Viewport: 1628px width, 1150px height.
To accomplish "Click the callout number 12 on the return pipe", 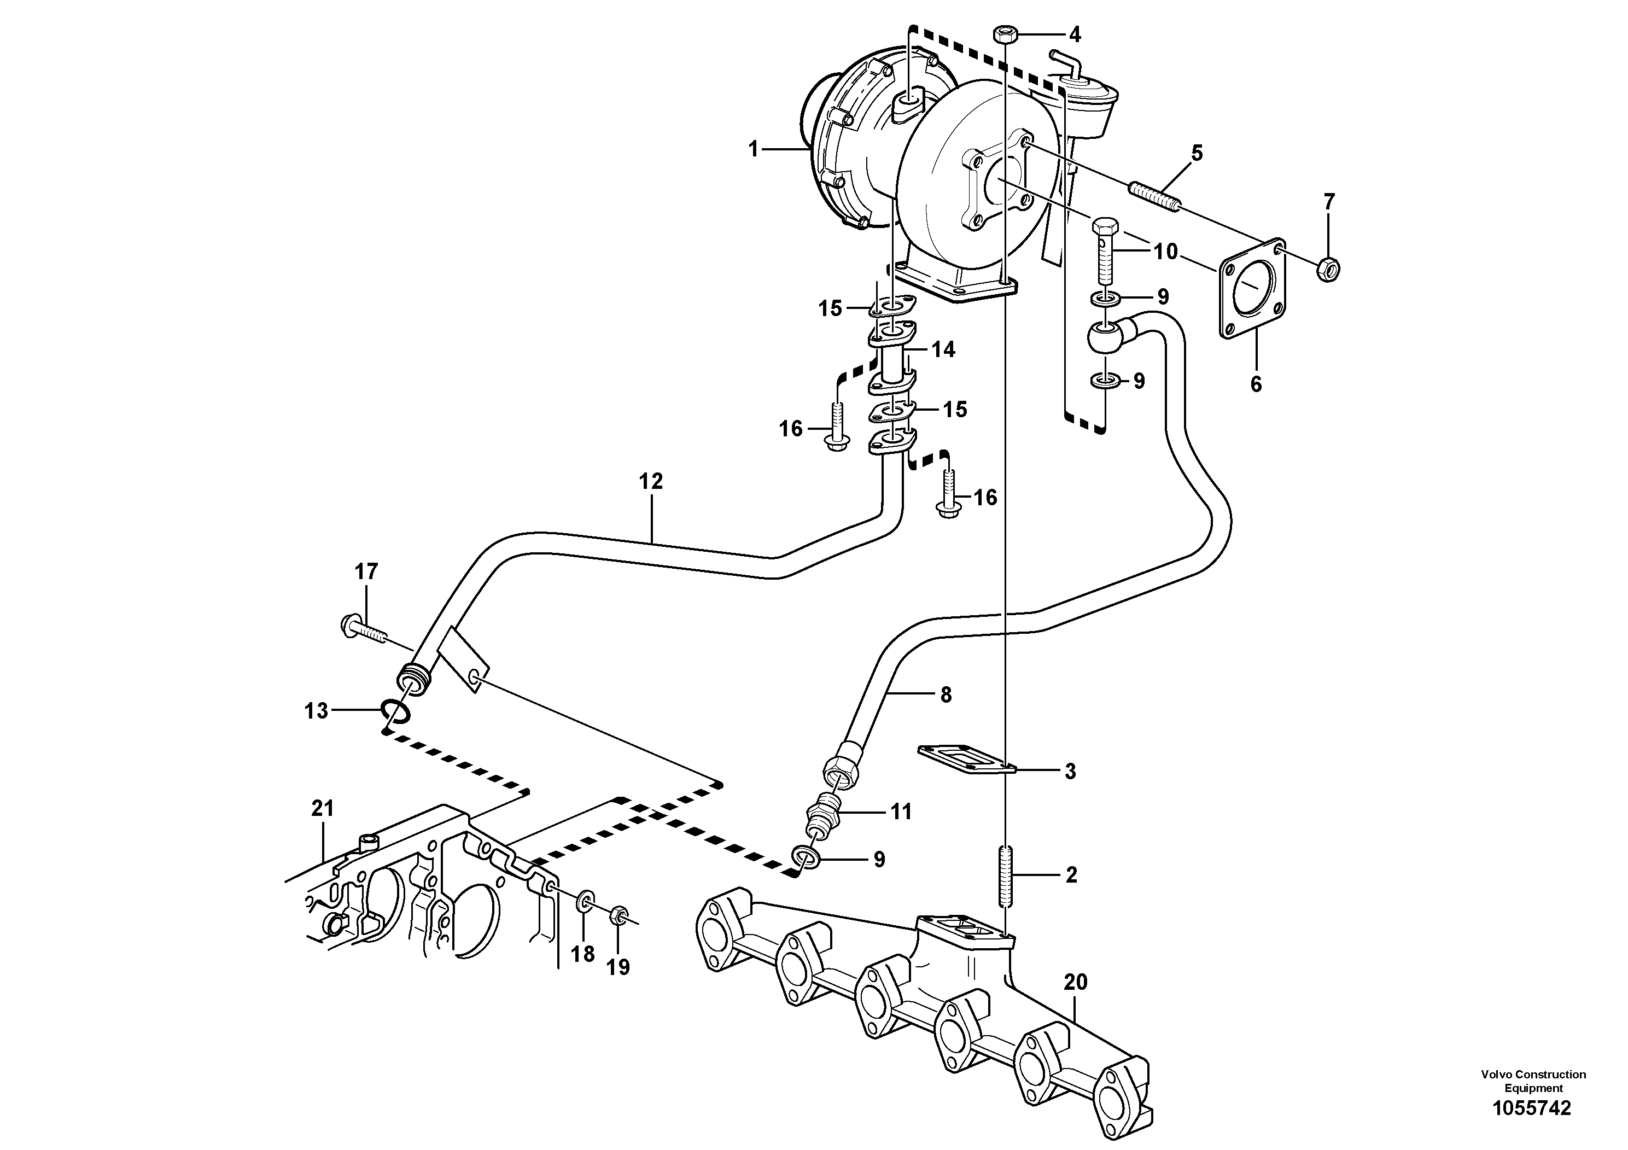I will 650,481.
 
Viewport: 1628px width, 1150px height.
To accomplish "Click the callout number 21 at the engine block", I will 323,808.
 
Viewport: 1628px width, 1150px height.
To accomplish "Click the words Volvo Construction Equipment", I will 1533,1081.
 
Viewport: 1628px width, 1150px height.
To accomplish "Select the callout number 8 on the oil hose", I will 945,695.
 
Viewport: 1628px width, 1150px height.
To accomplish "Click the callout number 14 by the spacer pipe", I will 943,349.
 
